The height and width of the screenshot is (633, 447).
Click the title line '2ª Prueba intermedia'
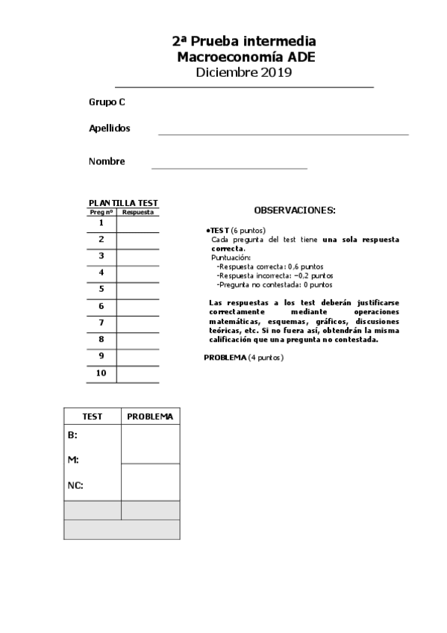click(243, 42)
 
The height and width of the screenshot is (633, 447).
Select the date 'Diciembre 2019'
click(243, 72)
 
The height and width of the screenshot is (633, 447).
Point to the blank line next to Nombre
click(229, 167)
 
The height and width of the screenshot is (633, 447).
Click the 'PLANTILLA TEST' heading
click(123, 203)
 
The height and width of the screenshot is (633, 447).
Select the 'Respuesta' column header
click(137, 212)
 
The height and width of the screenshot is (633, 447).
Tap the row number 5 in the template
click(101, 289)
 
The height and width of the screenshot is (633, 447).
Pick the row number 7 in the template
click(101, 322)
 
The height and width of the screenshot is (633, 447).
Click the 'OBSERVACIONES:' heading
click(295, 211)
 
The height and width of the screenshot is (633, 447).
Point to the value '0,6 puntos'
click(308, 266)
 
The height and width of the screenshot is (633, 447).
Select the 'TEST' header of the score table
click(92, 416)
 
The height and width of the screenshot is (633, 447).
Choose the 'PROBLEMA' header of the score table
click(150, 416)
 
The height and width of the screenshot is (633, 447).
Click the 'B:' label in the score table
click(72, 434)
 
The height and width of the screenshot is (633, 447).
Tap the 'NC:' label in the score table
click(75, 485)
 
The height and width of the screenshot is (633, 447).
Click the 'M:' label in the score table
click(73, 460)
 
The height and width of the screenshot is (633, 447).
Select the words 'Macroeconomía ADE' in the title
click(243, 57)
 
